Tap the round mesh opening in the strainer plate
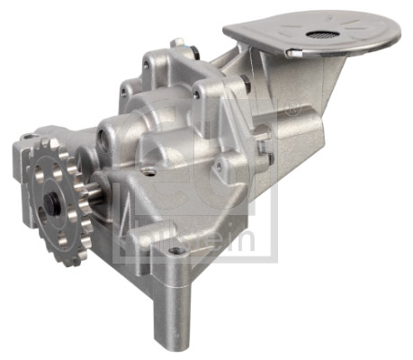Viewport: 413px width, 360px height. pyautogui.click(x=319, y=35)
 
